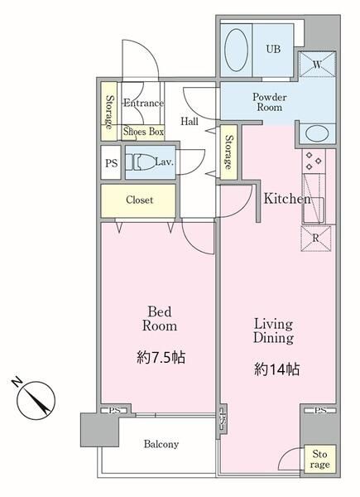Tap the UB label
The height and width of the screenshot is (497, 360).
273,49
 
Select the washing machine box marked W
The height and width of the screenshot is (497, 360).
317,65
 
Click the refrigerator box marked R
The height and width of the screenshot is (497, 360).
315,239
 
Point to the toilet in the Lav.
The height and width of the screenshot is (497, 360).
139,162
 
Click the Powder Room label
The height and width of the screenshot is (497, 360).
270,102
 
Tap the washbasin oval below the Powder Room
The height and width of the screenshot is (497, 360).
317,133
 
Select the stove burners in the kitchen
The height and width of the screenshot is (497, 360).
314,161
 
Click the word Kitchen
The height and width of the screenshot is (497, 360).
287,199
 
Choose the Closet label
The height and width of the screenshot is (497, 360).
139,200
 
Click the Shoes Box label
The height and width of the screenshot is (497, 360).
143,131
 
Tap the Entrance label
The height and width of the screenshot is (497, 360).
143,103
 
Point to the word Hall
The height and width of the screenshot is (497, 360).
190,121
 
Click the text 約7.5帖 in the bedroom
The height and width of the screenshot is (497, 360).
161,358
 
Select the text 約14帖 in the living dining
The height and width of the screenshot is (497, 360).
276,369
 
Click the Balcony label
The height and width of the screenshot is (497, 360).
161,444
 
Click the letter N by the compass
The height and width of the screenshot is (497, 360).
17,382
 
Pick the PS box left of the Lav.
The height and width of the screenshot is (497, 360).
111,162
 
